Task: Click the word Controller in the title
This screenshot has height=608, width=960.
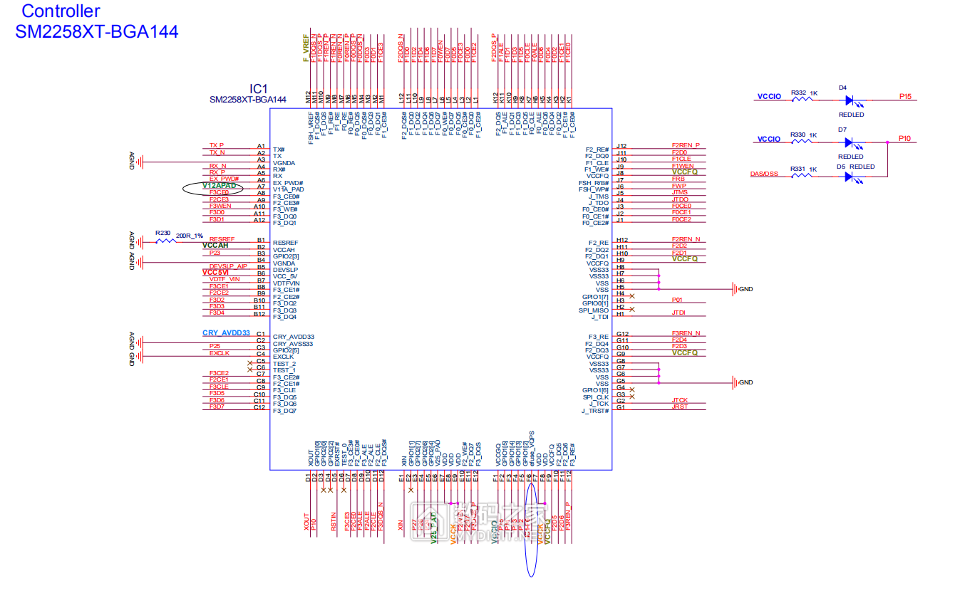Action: (61, 11)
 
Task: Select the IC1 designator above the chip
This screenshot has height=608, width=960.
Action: (258, 88)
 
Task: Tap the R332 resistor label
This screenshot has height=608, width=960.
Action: (799, 93)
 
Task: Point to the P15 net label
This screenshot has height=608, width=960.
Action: (905, 96)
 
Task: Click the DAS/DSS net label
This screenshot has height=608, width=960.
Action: (764, 174)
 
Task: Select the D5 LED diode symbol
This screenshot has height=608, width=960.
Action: (849, 176)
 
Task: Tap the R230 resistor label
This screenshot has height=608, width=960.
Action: (163, 233)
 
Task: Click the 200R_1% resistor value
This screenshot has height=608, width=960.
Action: (190, 236)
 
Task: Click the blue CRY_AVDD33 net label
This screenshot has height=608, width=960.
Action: (226, 333)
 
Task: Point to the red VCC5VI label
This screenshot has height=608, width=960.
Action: (215, 273)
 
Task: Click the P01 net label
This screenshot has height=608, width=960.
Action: (677, 300)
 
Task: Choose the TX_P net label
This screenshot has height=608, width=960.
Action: (217, 145)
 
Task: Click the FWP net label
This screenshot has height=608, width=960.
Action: (678, 186)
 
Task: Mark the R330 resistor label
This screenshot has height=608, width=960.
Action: (798, 135)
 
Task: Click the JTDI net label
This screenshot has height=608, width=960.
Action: (678, 313)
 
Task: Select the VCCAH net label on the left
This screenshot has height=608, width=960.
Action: (215, 246)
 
